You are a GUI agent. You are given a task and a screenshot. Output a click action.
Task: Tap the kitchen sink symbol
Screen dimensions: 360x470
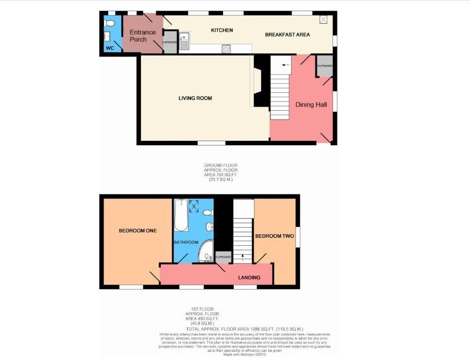(x=184, y=42)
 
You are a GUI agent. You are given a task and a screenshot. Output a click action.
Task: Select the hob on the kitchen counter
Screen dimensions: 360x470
(x=226, y=48)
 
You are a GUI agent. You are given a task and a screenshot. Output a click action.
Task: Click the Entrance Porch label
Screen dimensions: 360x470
(x=142, y=35)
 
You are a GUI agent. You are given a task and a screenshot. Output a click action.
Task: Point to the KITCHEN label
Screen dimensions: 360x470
(x=222, y=30)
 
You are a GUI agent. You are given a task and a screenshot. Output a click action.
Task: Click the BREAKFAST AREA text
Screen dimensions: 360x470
(x=287, y=34)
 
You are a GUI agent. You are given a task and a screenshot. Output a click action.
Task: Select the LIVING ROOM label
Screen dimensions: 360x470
(x=195, y=98)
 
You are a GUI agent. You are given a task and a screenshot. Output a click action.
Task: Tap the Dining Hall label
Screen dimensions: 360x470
(x=311, y=104)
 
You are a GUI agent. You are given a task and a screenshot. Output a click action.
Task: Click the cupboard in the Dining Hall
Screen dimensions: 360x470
(x=324, y=69)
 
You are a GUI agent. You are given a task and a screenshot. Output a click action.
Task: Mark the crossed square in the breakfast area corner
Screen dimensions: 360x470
(x=324, y=19)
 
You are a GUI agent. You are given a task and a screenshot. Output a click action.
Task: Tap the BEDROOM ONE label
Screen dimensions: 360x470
(x=138, y=231)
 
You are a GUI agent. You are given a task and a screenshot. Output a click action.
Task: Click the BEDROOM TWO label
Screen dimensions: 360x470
(x=275, y=236)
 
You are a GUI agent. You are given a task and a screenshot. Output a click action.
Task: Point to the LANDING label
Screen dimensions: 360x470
(x=249, y=277)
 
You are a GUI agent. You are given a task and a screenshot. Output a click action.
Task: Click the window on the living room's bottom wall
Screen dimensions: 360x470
(x=211, y=143)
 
